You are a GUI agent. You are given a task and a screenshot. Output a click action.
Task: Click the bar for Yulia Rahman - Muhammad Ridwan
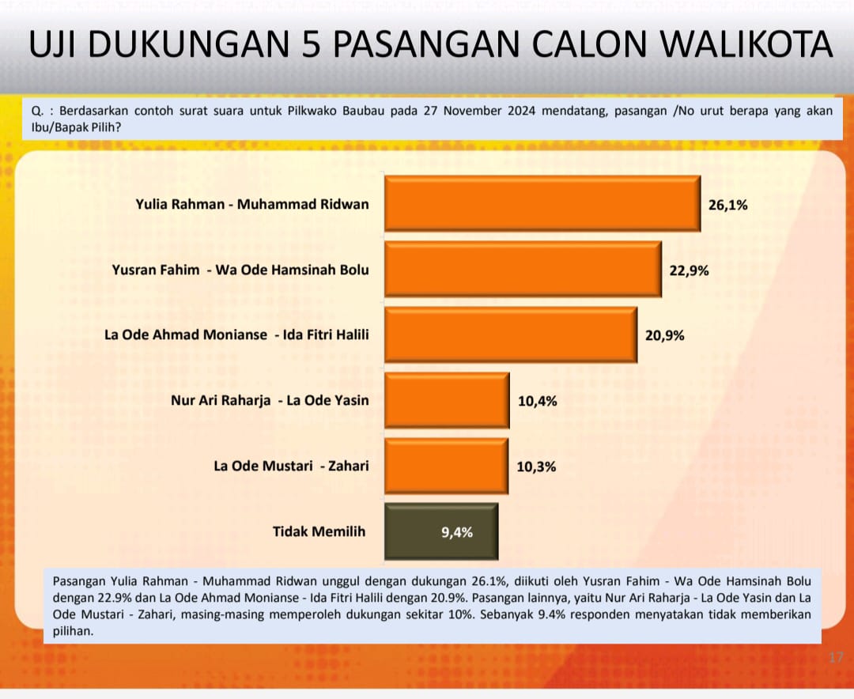(x=542, y=203)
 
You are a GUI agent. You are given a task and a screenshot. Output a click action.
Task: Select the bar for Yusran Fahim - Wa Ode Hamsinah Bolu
(x=523, y=269)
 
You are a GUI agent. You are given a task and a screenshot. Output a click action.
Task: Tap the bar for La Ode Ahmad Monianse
(x=511, y=334)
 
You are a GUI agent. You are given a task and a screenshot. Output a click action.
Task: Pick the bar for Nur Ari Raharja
(x=447, y=400)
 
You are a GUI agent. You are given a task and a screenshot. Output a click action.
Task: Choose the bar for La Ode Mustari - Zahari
(x=447, y=466)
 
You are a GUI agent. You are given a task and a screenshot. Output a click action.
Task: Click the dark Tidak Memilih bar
(x=441, y=531)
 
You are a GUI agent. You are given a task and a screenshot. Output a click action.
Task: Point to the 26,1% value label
(x=727, y=206)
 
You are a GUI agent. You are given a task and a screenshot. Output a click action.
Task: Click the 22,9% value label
(x=689, y=270)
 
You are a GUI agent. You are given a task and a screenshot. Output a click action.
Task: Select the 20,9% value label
(x=664, y=335)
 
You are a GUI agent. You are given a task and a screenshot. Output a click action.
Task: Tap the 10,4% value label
(x=538, y=402)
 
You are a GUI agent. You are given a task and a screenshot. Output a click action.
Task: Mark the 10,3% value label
(x=536, y=467)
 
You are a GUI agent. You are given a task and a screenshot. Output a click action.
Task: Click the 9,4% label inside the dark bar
(x=457, y=532)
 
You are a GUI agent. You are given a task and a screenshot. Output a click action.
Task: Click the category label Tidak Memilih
(x=319, y=531)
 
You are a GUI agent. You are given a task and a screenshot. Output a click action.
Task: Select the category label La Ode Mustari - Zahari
(x=291, y=466)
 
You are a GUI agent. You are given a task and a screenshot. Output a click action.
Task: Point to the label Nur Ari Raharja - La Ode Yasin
(x=270, y=400)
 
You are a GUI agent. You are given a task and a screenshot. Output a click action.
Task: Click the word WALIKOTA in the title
(x=746, y=44)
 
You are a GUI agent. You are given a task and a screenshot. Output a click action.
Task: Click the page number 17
(x=836, y=657)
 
